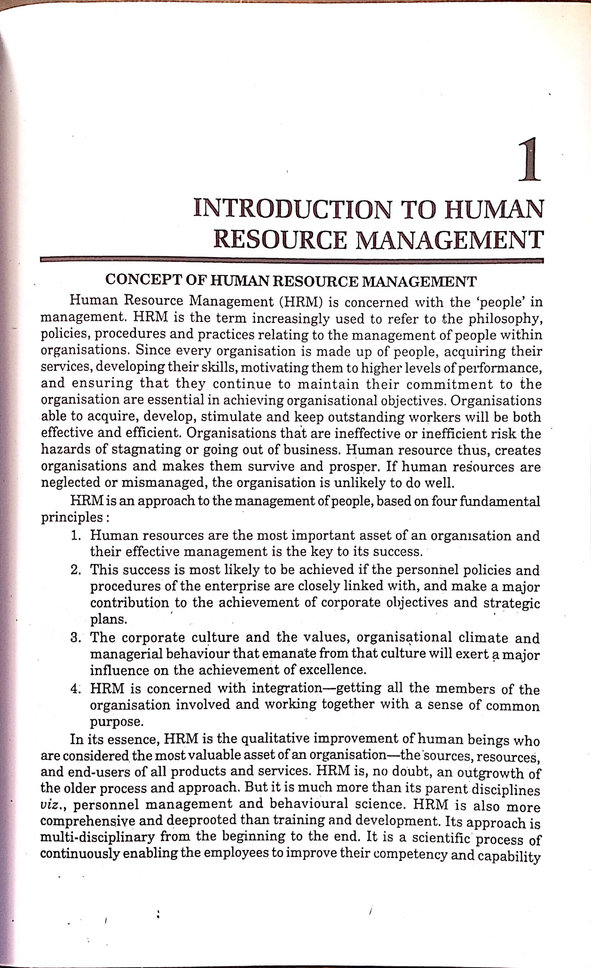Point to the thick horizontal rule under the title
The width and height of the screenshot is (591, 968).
point(291,260)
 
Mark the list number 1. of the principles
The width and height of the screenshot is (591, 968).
point(76,535)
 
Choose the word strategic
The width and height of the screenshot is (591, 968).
point(512,603)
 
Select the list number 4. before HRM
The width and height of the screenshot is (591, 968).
point(76,688)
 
